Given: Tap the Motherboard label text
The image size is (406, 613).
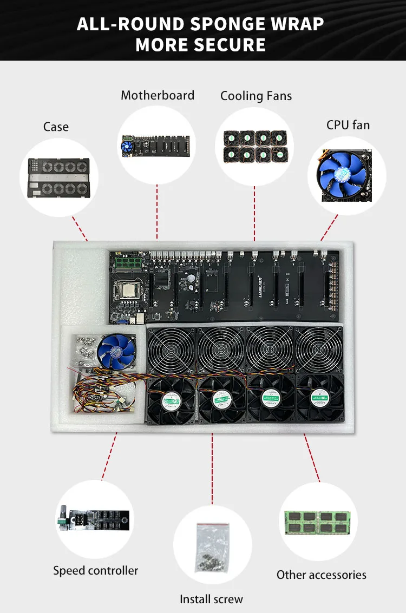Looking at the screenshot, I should [158, 96].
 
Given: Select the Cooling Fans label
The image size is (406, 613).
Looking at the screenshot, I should [256, 96].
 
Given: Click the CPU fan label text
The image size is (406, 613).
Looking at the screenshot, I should [348, 125].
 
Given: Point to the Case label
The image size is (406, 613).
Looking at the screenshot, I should [56, 127].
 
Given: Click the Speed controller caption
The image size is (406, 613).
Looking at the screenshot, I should [95, 571].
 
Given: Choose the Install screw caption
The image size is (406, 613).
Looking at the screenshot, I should [212, 599].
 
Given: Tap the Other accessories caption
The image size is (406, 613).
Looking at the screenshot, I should [322, 575].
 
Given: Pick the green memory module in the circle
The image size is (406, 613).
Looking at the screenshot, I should [318, 522].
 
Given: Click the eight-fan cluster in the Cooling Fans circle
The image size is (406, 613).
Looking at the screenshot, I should [256, 145].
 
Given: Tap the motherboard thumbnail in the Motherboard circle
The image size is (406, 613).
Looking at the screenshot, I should [157, 144].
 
